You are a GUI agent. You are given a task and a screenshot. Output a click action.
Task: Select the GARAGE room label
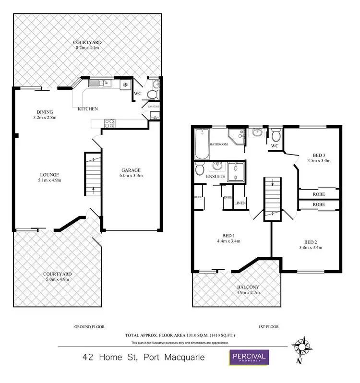coord(131,170)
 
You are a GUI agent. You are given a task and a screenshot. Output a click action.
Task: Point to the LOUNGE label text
coord(49,174)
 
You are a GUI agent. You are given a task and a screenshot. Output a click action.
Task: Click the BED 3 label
coord(319,155)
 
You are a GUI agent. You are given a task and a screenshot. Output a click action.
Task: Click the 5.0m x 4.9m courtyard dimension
coord(57,279)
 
